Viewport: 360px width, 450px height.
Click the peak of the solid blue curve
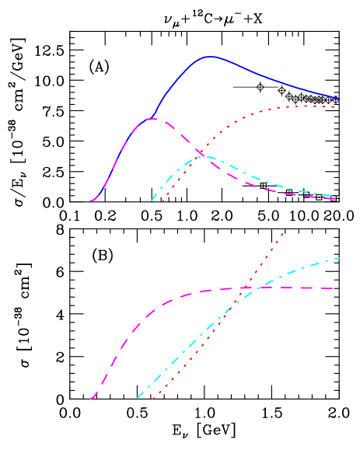click(x=209, y=56)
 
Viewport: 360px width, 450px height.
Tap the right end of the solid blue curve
click(x=339, y=99)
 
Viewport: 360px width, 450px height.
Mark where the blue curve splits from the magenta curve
click(x=151, y=119)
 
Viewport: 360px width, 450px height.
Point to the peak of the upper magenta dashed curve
click(x=153, y=118)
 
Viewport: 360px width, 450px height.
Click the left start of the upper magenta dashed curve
click(x=90, y=201)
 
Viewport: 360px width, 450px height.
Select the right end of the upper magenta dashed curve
click(x=336, y=199)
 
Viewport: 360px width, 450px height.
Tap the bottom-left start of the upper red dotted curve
click(x=162, y=202)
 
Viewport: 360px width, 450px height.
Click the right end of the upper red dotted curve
click(x=335, y=106)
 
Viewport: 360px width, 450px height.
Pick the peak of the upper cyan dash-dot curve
click(x=206, y=157)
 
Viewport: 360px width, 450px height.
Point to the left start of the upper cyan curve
click(x=152, y=201)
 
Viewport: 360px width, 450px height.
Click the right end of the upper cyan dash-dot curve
click(x=340, y=196)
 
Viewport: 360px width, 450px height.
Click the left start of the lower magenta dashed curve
click(x=90, y=399)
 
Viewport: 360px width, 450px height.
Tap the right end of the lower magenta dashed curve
click(x=334, y=288)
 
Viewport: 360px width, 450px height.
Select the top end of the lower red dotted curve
click(x=282, y=232)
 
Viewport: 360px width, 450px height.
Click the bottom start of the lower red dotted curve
click(x=153, y=399)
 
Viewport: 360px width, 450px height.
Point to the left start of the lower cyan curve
click(x=138, y=398)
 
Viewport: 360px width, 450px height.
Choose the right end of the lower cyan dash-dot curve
click(x=340, y=257)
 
